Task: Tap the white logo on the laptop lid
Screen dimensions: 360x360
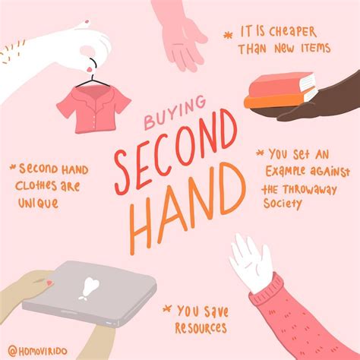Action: coord(90,286)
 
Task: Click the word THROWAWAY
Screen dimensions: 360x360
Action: coord(308,188)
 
